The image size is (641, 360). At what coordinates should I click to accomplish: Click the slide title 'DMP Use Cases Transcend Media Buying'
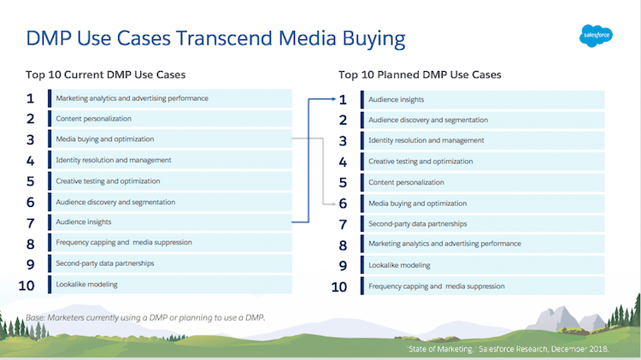pos(215,38)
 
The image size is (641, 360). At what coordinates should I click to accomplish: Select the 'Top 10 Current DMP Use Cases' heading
pos(105,74)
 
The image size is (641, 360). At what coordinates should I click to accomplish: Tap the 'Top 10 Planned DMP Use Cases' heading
pos(420,74)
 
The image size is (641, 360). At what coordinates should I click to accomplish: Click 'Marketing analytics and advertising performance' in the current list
pos(132,98)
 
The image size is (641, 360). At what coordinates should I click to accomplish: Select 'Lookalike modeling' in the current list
pos(86,284)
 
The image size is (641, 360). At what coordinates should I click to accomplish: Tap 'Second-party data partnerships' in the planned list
pos(416,224)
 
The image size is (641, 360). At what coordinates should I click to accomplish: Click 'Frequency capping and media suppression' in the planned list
pos(436,286)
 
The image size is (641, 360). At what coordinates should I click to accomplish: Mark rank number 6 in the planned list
pos(343,204)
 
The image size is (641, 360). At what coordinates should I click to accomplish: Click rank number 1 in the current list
pos(31,98)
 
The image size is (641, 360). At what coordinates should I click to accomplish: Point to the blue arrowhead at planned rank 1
pos(330,99)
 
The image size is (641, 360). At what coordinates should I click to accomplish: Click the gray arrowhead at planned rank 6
pos(330,204)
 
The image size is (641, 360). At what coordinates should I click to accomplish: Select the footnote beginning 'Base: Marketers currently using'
pos(145,317)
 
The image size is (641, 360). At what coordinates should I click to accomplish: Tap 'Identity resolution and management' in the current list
pos(114,160)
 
